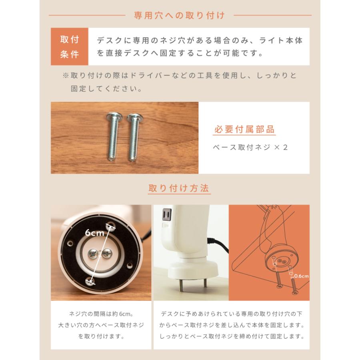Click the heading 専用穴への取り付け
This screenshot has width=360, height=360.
point(180,16)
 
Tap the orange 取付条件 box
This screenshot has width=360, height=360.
point(69,47)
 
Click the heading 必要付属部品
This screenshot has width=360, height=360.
point(244,130)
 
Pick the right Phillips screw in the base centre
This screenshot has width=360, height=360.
point(107,253)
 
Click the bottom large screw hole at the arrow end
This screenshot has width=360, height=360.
point(89,282)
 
